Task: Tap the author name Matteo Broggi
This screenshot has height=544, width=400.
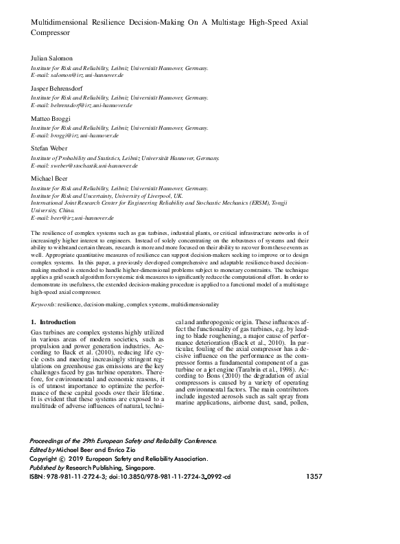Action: coord(51,119)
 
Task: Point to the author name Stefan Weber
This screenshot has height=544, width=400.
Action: coord(49,148)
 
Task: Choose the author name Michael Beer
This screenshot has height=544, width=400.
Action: coord(50,177)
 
